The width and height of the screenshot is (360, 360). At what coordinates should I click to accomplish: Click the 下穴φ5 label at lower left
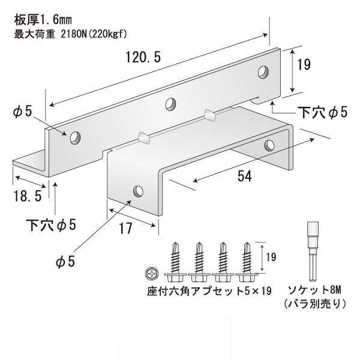(52, 225)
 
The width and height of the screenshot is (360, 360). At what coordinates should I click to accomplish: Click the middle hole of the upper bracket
(171, 103)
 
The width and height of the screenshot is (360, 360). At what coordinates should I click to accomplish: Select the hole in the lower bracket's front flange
(138, 192)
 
